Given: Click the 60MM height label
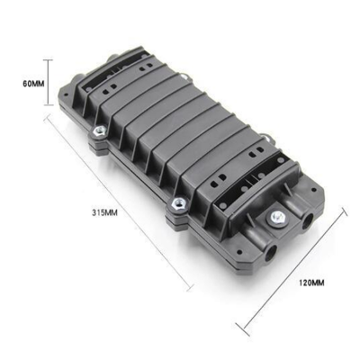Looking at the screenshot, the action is (33, 84).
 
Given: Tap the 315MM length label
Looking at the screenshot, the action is (104, 213).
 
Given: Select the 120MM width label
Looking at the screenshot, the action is (311, 283).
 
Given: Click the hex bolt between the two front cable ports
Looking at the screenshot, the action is (277, 217).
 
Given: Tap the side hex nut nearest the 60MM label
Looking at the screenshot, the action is (99, 131).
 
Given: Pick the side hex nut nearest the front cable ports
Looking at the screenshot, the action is (178, 205).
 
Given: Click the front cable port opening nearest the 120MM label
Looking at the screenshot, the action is (307, 221).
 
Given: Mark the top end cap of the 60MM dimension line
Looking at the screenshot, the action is (48, 60).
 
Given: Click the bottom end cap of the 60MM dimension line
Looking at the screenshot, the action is (48, 105).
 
